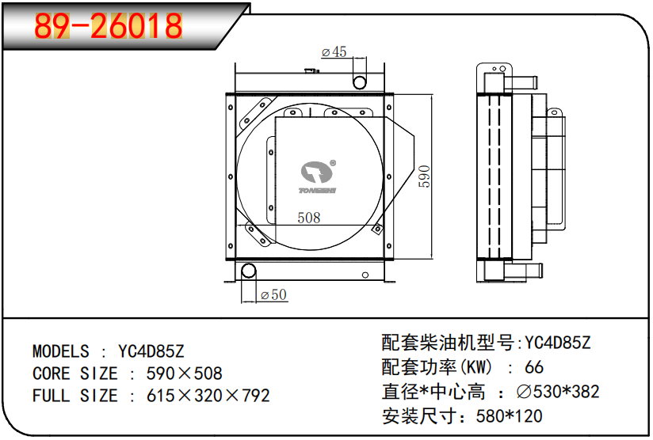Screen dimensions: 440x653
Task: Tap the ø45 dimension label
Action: pos(334,52)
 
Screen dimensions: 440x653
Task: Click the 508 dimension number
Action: pos(308,217)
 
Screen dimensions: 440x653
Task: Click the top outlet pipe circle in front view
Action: pos(359,82)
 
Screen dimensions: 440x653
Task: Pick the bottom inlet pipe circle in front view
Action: pos(249,271)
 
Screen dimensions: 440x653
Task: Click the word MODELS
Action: pos(61,351)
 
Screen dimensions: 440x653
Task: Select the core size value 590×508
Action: pos(185,374)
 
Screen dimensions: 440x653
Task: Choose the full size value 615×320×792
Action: pos(208,396)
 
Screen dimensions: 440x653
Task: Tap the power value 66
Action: pos(534,367)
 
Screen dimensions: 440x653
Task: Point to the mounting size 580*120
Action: pos(509,415)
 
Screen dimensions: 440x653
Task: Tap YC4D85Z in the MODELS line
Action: pos(151,351)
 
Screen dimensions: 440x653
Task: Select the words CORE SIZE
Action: pos(74,374)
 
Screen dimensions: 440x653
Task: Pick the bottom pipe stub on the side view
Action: pos(522,272)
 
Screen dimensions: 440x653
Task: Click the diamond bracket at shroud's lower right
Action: pos(377,230)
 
